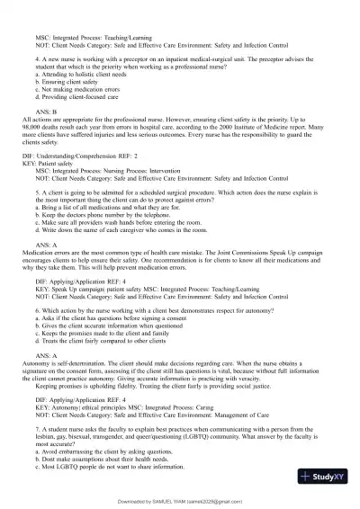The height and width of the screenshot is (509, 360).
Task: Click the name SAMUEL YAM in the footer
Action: (176, 501)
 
